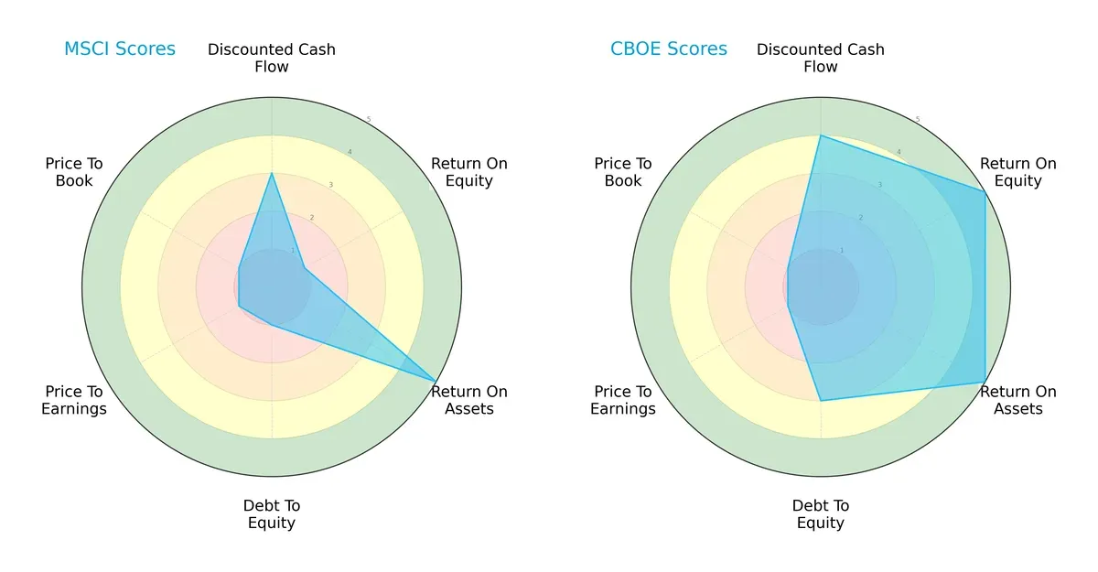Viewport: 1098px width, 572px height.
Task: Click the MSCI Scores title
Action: click(x=119, y=49)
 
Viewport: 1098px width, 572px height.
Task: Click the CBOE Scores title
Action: click(x=669, y=49)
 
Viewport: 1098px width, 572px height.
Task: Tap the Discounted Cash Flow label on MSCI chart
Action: click(x=272, y=58)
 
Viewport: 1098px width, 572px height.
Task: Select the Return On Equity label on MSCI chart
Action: click(x=469, y=172)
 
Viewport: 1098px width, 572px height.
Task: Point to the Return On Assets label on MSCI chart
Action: click(x=469, y=400)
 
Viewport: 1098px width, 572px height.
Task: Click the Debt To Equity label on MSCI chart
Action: click(x=272, y=514)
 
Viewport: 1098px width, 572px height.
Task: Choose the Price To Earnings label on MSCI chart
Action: click(x=74, y=400)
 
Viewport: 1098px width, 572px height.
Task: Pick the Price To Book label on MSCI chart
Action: click(x=74, y=172)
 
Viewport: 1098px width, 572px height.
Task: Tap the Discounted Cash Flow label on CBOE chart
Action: click(x=821, y=58)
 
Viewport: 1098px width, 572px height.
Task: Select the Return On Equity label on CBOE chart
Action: click(x=1018, y=172)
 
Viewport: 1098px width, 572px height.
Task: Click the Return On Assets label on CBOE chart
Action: click(x=1018, y=400)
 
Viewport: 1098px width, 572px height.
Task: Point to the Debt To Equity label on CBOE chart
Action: click(x=821, y=514)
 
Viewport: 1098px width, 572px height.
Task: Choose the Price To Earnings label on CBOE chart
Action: click(x=623, y=400)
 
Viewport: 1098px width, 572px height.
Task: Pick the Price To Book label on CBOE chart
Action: click(x=623, y=172)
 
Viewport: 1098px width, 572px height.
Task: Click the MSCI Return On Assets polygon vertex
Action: click(x=436, y=381)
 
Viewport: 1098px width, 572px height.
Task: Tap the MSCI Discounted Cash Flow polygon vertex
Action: click(x=272, y=173)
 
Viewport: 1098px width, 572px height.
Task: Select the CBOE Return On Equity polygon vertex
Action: click(x=985, y=191)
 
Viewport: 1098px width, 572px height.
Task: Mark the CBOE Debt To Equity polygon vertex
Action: click(x=821, y=400)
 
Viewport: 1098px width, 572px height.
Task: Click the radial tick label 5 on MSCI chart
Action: click(x=369, y=120)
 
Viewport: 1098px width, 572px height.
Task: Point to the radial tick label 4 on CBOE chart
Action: click(x=899, y=152)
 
